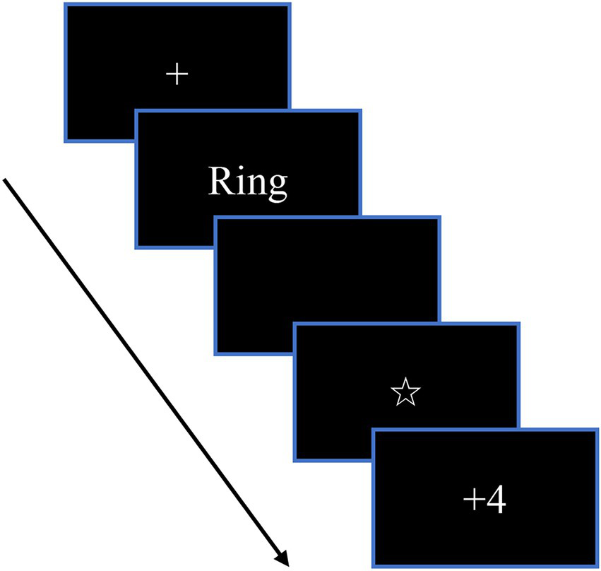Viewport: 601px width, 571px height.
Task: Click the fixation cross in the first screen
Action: (177, 74)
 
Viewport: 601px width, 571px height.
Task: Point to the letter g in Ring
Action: (277, 185)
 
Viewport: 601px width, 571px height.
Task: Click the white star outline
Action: (405, 392)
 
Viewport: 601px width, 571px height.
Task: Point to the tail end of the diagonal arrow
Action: (5, 180)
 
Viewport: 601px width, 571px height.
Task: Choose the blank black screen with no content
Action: (327, 285)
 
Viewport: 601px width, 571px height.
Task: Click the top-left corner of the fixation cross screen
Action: (65, 4)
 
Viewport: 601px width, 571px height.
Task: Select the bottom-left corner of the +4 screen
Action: (372, 566)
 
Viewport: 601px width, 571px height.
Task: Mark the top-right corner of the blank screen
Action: (439, 218)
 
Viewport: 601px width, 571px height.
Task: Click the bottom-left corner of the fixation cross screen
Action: (65, 141)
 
